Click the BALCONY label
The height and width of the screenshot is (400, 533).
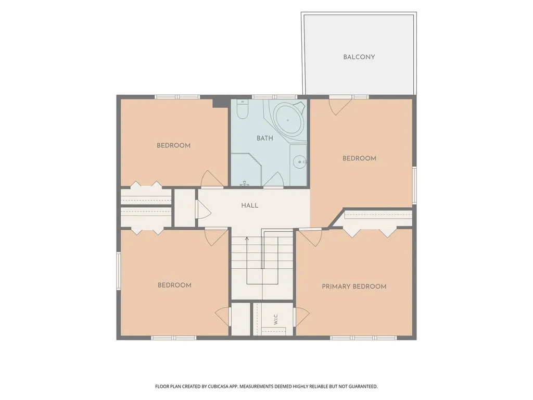[359, 57]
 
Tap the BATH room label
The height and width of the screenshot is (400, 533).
[265, 138]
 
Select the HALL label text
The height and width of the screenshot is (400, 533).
[250, 205]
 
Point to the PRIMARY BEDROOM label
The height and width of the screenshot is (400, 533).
[354, 286]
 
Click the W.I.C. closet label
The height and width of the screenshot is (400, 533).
[276, 319]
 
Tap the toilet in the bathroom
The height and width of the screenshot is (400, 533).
[243, 109]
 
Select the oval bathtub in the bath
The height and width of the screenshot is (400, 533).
[287, 120]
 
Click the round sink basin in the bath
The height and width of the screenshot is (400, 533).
[299, 162]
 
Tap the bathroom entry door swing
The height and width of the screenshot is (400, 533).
[274, 180]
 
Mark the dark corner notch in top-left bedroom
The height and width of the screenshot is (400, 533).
[220, 103]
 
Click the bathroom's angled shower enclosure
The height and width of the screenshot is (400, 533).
[246, 169]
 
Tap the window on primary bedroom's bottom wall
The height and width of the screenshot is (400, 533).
[363, 337]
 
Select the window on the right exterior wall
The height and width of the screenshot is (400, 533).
[414, 185]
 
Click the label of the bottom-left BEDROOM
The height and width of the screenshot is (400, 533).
[174, 285]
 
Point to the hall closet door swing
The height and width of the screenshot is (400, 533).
[203, 209]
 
